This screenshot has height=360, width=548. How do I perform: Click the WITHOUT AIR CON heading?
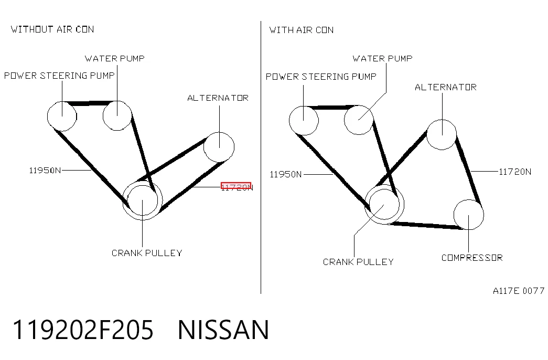[x=52, y=29]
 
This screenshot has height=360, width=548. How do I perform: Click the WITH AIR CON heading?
[x=301, y=30]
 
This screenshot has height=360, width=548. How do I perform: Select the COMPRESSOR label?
[x=472, y=258]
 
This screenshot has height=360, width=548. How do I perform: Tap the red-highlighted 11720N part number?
[x=237, y=187]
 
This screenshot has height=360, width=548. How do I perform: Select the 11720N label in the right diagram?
[x=515, y=172]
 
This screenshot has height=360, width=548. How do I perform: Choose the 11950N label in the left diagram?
[x=45, y=171]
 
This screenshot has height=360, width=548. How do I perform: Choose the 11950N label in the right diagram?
[x=285, y=174]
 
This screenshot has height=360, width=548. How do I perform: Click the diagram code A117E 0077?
[x=519, y=291]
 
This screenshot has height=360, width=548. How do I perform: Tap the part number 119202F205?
[x=83, y=330]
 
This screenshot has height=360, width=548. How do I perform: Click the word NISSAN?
[x=223, y=330]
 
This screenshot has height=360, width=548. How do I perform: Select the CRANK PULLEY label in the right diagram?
[x=358, y=262]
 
